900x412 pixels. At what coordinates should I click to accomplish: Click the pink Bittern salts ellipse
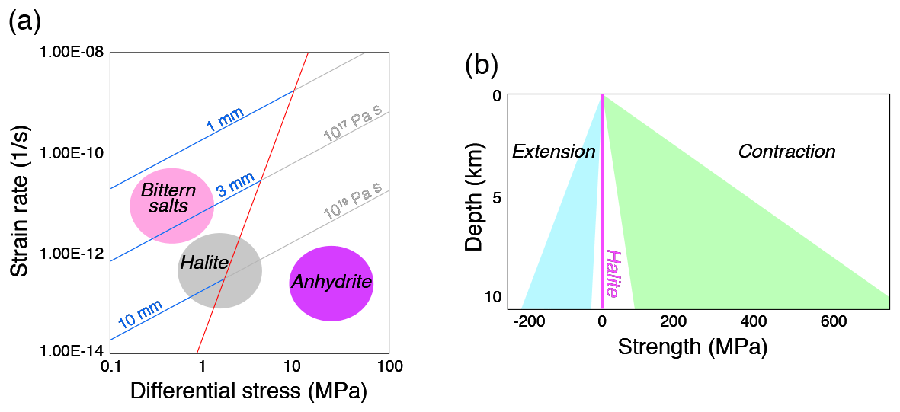coord(171,206)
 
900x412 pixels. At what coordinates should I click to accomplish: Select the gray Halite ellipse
coord(219,270)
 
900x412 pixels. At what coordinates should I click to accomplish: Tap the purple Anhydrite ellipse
coord(331,283)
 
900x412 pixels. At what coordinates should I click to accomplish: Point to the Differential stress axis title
coord(249,391)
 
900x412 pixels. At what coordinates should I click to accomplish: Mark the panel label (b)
coord(482,66)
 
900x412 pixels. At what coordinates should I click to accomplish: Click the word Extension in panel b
coord(553,152)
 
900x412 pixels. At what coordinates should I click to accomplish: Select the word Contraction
coord(786,152)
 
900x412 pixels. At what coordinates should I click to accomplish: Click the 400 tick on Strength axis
coord(754,322)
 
